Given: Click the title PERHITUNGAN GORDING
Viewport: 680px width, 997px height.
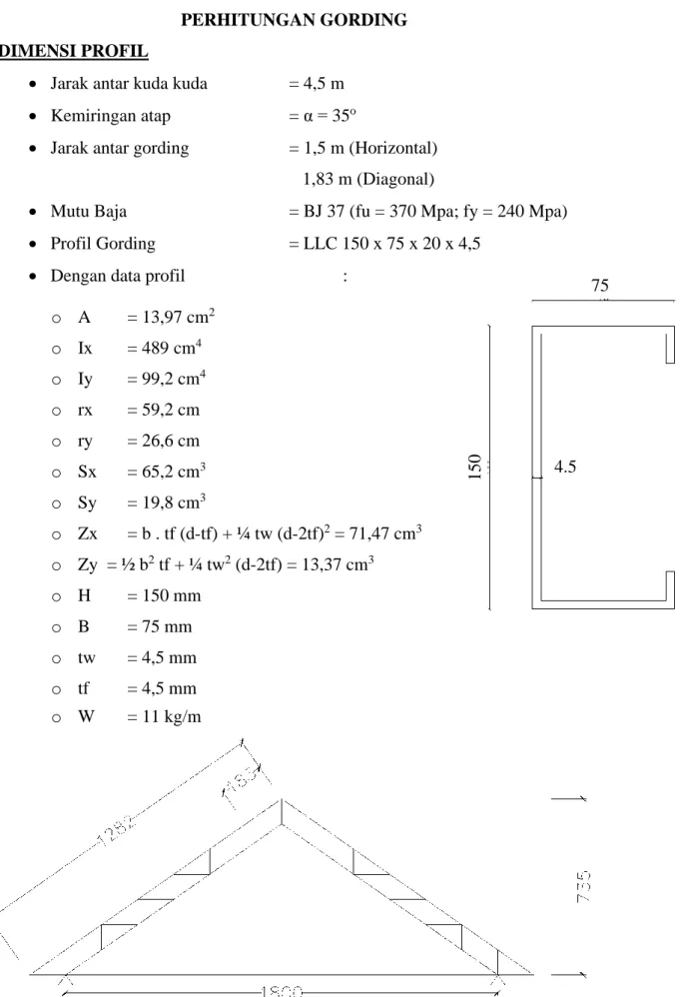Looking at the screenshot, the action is click(x=294, y=20).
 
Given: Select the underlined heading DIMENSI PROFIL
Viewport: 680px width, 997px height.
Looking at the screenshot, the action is click(x=74, y=51).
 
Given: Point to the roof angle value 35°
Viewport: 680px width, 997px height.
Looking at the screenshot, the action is click(x=344, y=116).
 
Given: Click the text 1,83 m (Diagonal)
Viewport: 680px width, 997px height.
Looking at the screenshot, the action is click(x=368, y=179).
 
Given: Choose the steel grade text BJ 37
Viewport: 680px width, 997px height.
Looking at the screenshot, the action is click(x=325, y=211).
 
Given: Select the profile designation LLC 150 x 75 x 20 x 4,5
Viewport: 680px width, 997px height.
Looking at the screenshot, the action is click(x=391, y=244).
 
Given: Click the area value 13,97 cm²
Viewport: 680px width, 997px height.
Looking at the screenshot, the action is click(x=179, y=316).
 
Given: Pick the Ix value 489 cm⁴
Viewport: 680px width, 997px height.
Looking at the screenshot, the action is click(x=172, y=348).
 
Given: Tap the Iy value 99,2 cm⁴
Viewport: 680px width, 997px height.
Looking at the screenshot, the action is click(x=174, y=379).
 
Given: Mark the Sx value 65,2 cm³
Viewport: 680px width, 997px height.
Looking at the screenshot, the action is click(x=174, y=472).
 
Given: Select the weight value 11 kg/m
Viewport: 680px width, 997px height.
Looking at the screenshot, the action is click(x=172, y=716).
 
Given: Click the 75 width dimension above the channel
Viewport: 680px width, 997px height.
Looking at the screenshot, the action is click(x=600, y=286).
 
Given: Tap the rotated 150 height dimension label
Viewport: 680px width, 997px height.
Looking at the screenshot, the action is click(x=474, y=467).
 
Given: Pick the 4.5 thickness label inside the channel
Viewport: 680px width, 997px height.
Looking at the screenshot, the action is click(x=565, y=467).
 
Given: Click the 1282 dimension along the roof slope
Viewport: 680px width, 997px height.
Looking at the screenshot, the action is click(x=116, y=831).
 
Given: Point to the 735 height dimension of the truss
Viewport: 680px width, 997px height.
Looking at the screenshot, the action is click(x=583, y=886).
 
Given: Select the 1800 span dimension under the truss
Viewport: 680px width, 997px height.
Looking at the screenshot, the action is click(x=283, y=991).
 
